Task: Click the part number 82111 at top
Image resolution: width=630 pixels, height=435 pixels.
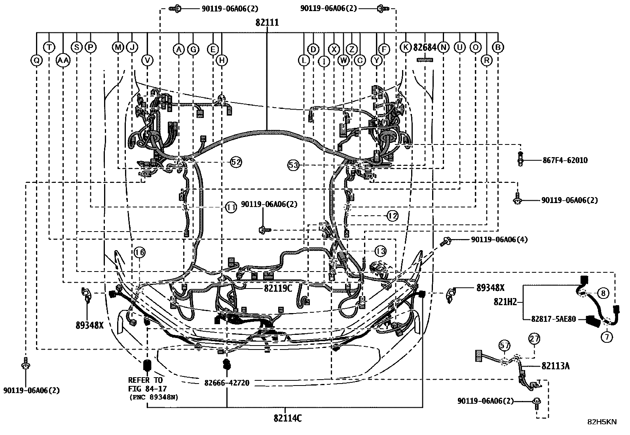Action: click(x=267, y=23)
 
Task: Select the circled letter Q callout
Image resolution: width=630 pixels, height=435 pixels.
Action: click(x=36, y=60)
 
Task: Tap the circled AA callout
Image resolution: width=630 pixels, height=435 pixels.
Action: click(x=63, y=60)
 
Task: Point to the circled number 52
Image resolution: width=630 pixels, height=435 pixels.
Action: click(x=236, y=162)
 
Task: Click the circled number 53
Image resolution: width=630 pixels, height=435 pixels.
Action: click(x=293, y=165)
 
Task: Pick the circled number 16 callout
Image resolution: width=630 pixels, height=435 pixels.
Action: click(x=139, y=252)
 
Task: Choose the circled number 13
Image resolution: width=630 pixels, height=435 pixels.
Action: click(x=380, y=251)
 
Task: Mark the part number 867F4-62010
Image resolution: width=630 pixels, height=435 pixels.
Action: click(x=565, y=160)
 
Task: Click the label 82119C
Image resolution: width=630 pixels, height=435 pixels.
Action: click(x=278, y=288)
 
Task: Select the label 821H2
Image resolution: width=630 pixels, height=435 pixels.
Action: click(x=505, y=302)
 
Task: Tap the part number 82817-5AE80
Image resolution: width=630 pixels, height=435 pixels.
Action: click(x=554, y=319)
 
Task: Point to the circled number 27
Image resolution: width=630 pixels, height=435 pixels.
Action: click(x=534, y=338)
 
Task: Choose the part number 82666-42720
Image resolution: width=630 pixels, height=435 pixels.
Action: click(x=227, y=383)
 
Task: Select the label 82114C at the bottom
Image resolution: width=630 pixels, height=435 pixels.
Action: click(x=288, y=418)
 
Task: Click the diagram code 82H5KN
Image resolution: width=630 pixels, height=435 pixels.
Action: click(x=602, y=422)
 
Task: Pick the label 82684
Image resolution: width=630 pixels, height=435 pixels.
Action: click(x=425, y=47)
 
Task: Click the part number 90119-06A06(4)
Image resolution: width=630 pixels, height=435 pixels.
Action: click(x=499, y=239)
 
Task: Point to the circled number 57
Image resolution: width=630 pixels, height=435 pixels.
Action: click(x=504, y=345)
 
